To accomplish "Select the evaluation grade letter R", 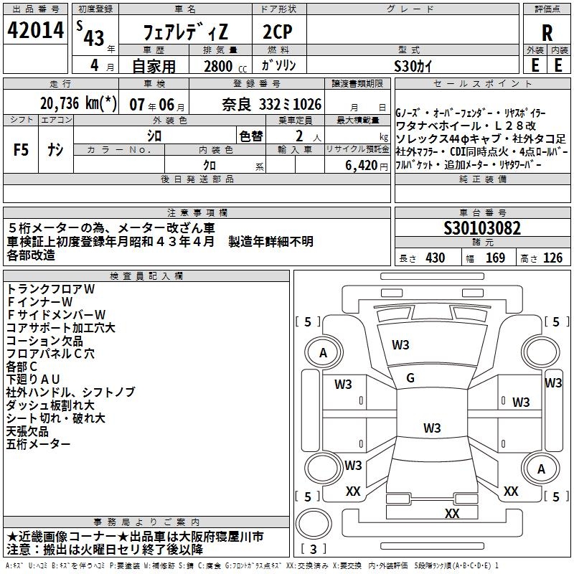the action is pos(547,32).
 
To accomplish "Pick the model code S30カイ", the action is pos(414,66).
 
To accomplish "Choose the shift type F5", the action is pos(22,150).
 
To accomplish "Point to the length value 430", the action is pos(435,258).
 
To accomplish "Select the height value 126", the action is pos(552,258).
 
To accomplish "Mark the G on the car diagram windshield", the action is pos(410,378).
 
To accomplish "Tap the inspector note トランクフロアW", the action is pos(50,289).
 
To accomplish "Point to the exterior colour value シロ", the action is pos(154,135).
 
